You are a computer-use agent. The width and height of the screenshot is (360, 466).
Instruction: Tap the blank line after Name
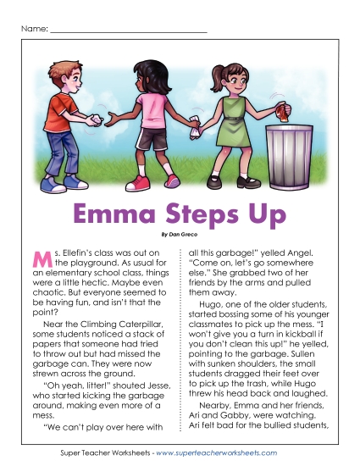point(128,32)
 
